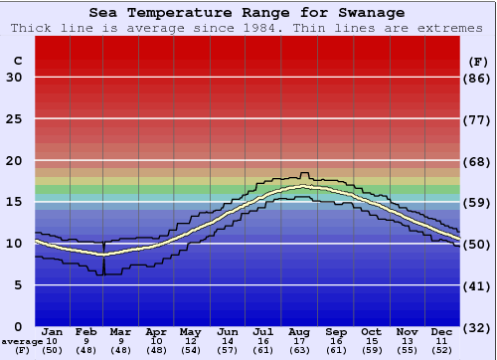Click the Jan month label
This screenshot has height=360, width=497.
coord(53,332)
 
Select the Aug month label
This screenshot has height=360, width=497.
coord(299,332)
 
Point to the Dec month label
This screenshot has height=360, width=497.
coord(442,332)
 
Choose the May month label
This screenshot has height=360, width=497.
coord(189,332)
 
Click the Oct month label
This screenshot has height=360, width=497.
coord(371,332)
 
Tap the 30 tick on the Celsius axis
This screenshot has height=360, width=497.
coord(14,78)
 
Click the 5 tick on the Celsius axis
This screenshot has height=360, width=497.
coord(18,285)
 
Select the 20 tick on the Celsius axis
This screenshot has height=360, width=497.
coord(14,161)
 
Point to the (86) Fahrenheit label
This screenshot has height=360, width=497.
coord(478,78)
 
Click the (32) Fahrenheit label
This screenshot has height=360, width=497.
coord(478,327)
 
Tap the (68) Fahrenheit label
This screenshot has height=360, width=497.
coord(478,161)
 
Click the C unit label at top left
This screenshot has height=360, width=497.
coord(17,61)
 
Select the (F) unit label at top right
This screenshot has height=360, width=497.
coord(478,61)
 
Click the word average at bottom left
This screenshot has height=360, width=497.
coord(22,341)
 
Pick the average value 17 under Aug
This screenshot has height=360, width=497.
coord(299,341)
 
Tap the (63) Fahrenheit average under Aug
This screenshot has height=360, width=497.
coord(299,350)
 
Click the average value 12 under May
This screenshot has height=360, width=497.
coord(189,341)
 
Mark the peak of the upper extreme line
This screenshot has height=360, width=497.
coord(305,173)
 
